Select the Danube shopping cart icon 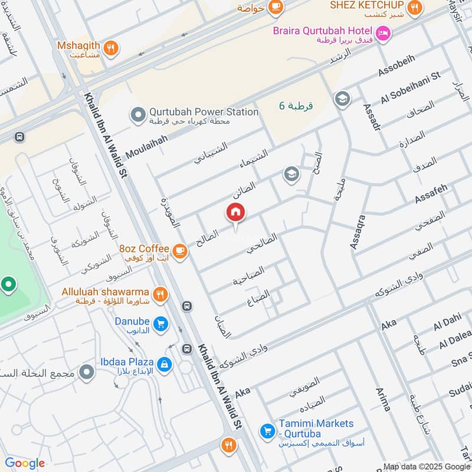click(x=160, y=323)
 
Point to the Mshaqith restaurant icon click(x=110, y=47)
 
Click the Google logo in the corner click(x=25, y=463)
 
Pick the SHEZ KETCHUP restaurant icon click(x=415, y=7)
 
